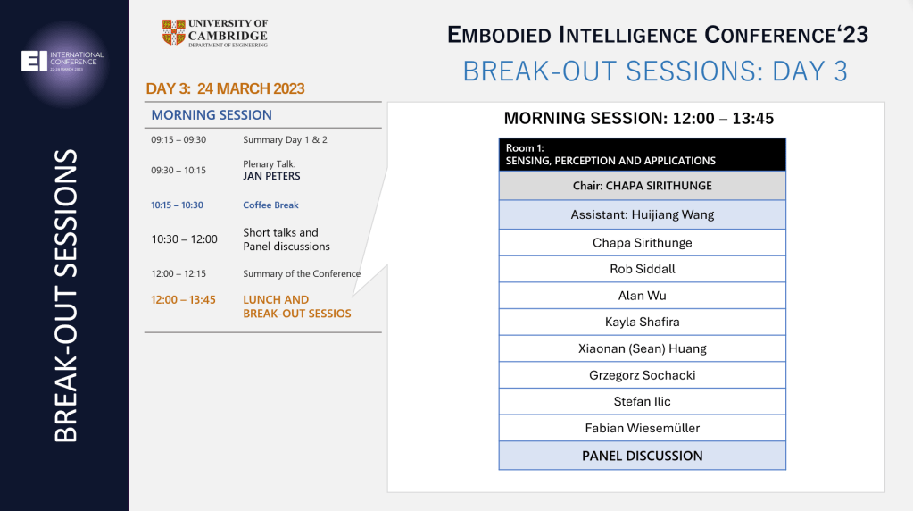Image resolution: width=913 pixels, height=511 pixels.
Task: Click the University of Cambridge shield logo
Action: [x=173, y=32]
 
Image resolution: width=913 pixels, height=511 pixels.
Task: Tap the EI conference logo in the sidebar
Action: [x=62, y=61]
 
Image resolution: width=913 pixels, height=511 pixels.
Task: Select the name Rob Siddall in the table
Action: [x=643, y=269]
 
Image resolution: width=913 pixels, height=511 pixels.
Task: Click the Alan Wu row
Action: [x=643, y=296]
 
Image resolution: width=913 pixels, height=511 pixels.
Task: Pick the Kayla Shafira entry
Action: [x=643, y=323]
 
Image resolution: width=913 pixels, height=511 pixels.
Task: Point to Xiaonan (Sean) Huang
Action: [x=643, y=348]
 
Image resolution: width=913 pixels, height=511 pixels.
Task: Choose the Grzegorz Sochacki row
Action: [x=643, y=375]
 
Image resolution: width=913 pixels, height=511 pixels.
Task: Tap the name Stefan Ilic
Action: [x=643, y=401]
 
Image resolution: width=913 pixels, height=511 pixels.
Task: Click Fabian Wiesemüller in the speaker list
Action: [x=643, y=428]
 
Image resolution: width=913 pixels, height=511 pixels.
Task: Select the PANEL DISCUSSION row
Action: [x=643, y=456]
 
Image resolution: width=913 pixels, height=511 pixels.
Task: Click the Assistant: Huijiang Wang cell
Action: [x=643, y=214]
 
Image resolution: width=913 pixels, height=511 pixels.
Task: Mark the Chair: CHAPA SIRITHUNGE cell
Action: [x=643, y=186]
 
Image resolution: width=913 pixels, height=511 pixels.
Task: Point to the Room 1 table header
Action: [x=643, y=155]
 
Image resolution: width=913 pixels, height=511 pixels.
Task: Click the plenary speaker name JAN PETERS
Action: [x=271, y=176]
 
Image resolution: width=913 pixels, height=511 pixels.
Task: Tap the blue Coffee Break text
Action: [x=270, y=205]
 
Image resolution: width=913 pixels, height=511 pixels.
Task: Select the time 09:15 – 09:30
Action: [x=178, y=140]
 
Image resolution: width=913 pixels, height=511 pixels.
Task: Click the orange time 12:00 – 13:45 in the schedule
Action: [x=184, y=299]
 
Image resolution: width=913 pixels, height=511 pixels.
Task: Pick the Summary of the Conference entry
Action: [x=302, y=274]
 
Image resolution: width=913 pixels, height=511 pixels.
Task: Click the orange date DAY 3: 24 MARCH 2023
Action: [x=225, y=88]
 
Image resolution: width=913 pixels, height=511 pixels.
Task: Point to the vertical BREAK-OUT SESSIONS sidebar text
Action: [x=65, y=296]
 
